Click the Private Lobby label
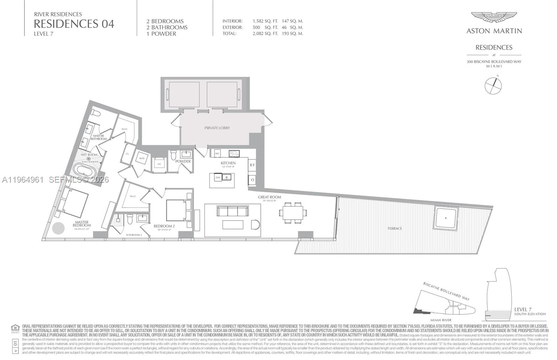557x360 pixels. coord(217,128)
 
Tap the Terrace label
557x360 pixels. coord(394,229)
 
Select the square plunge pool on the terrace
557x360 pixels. coord(446,218)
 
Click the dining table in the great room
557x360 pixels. coord(293,213)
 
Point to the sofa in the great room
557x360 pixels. coord(233,211)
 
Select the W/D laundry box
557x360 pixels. coord(142,159)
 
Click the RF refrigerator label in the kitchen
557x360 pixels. coord(252,165)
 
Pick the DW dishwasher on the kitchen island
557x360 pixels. coord(218,178)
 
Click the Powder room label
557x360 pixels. coord(183,161)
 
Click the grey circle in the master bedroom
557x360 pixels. coord(58,229)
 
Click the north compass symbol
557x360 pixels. coord(493,86)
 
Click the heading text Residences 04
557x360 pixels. coord(74,24)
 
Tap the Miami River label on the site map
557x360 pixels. coord(441,320)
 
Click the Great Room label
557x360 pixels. coord(269,197)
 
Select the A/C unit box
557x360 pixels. coord(159,164)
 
